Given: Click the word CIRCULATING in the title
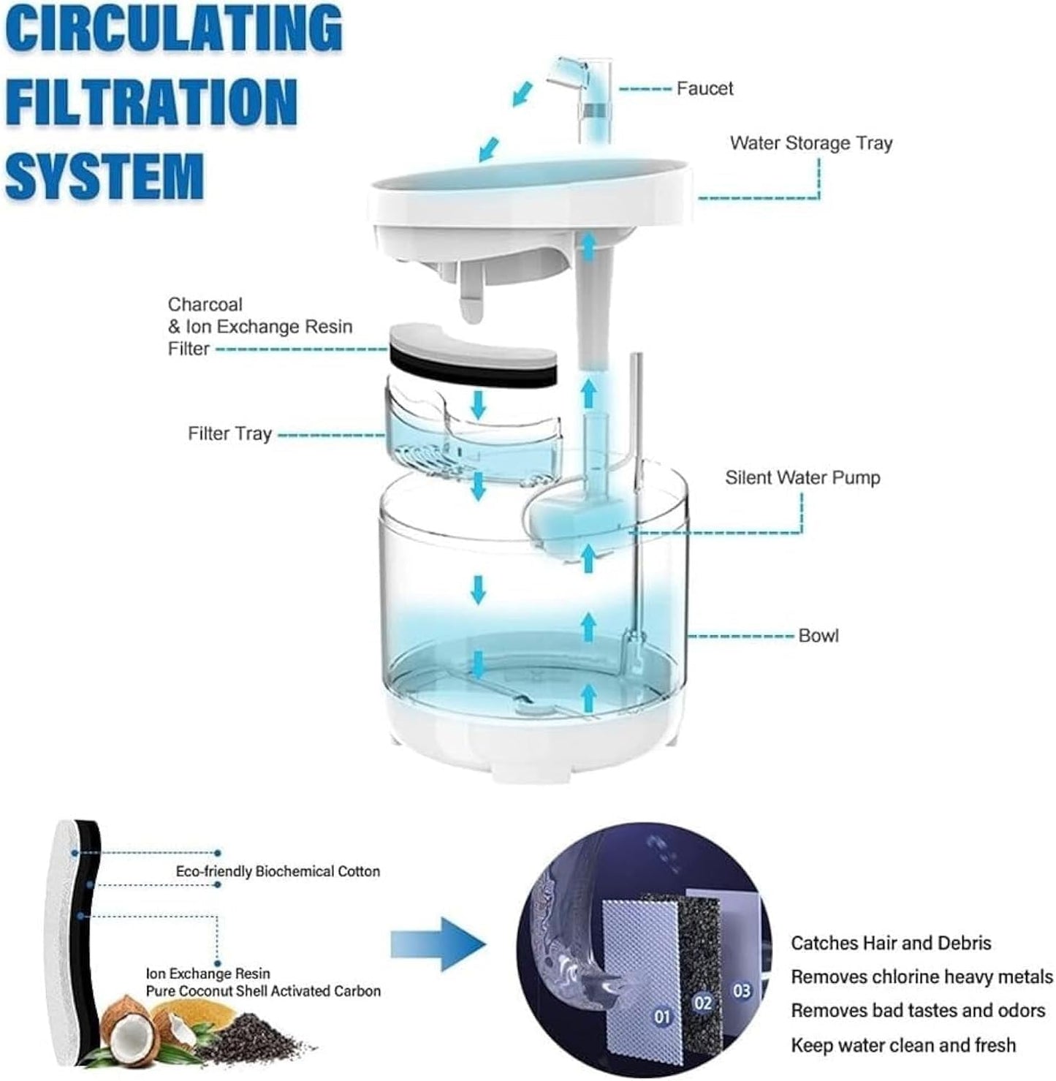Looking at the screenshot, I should click(173, 29).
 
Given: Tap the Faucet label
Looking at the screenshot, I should click(704, 88).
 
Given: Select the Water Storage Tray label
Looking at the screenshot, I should click(810, 143).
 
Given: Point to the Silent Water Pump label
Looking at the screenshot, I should click(802, 478).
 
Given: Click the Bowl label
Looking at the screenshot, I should click(818, 636).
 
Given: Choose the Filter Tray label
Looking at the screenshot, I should click(229, 434).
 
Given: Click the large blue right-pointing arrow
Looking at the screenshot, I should click(437, 944).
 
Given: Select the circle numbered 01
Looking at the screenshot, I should click(662, 1017).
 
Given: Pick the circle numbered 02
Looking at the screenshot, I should click(702, 1003).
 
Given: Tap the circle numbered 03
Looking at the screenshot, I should click(741, 991).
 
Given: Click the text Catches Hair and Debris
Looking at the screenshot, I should click(890, 944).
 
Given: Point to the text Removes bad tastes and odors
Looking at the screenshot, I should click(917, 1011).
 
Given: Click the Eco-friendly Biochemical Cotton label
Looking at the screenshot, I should click(278, 872).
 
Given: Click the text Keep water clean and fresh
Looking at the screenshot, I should click(903, 1045).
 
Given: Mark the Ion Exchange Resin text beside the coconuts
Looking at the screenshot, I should click(208, 974).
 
